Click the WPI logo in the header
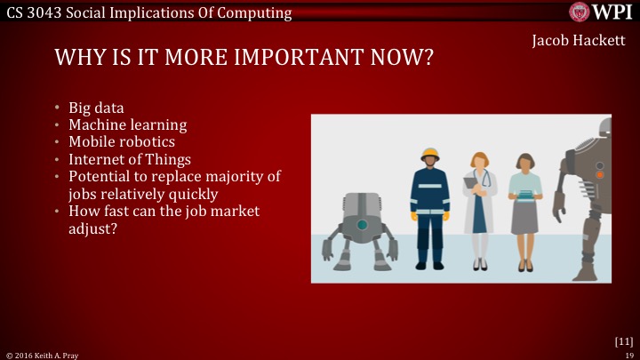pos(602,12)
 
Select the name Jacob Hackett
pos(577,40)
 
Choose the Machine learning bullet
pos(128,125)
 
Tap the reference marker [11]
pos(623,340)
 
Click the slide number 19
pos(628,354)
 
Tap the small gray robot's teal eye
pos(362,226)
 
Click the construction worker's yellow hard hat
pos(430,154)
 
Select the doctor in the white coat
pos(480,209)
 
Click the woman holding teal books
pos(525,209)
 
